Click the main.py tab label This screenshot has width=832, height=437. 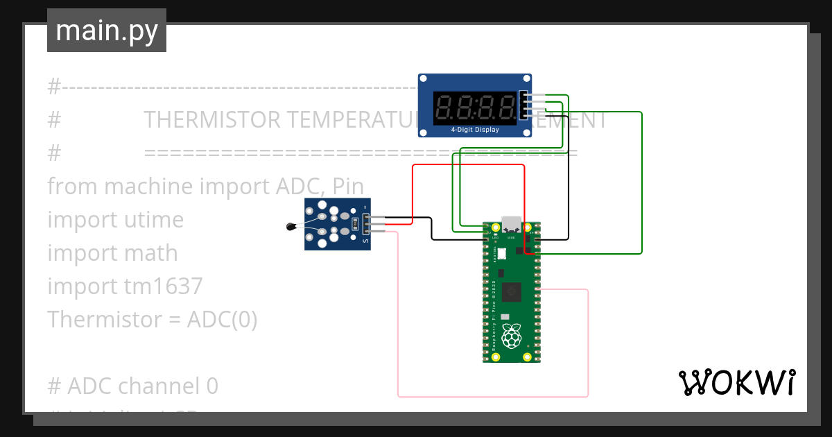pyautogui.click(x=107, y=31)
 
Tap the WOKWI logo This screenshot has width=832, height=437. pyautogui.click(x=736, y=382)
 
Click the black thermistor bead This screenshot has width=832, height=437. pyautogui.click(x=291, y=226)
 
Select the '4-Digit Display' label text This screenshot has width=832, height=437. pyautogui.click(x=475, y=130)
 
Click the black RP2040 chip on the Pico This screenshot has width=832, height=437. pyautogui.click(x=513, y=292)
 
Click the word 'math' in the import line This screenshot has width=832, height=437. pyautogui.click(x=151, y=253)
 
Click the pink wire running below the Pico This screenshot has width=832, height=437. pyautogui.click(x=492, y=397)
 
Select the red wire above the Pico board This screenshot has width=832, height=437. pyautogui.click(x=468, y=166)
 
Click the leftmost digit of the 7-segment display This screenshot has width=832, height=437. pyautogui.click(x=445, y=107)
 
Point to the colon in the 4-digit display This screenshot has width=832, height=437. pyautogui.click(x=476, y=107)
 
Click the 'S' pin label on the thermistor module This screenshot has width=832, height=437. pyautogui.click(x=366, y=241)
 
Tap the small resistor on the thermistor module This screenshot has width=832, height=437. pyautogui.click(x=355, y=224)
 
